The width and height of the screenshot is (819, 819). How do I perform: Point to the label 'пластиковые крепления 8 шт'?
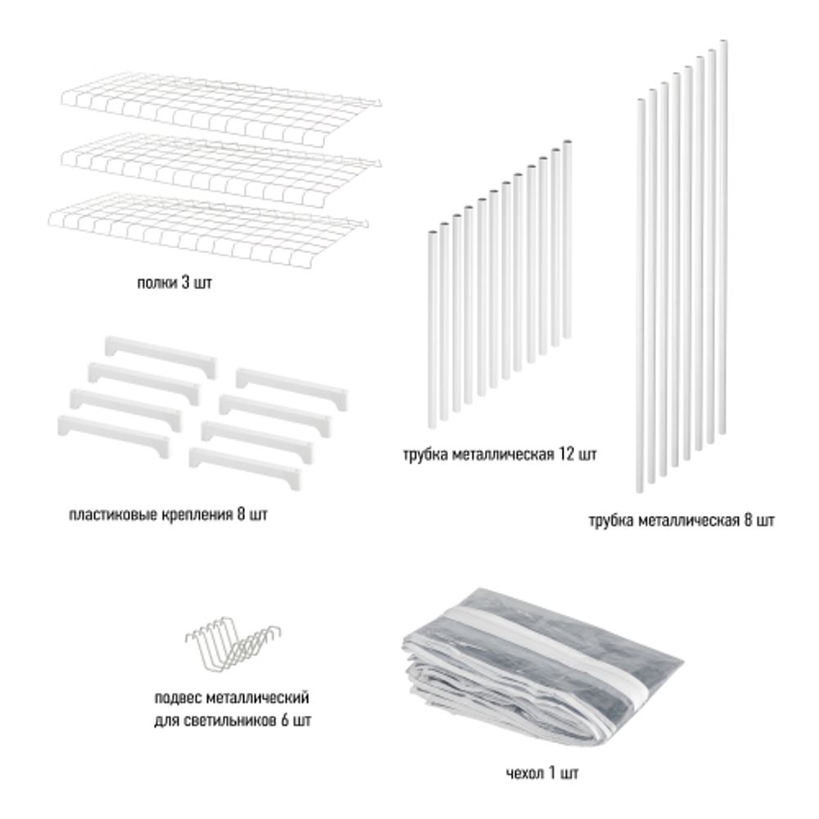pos(168,516)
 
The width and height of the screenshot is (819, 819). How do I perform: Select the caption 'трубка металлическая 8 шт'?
pos(681,520)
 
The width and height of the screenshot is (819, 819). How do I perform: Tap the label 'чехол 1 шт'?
pos(542,772)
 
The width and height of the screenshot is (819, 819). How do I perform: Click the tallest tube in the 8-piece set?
pos(723,238)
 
